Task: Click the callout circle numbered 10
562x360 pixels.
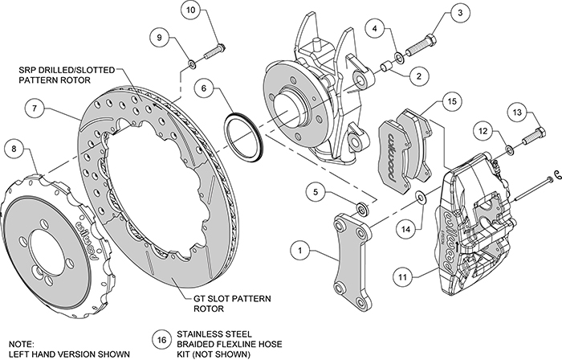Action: click(x=190, y=11)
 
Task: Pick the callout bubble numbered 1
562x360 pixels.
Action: click(x=299, y=252)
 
